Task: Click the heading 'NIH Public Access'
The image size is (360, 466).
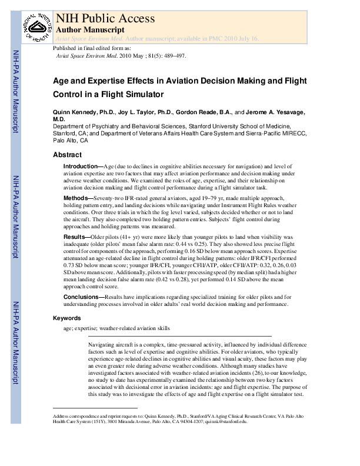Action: pyautogui.click(x=105, y=18)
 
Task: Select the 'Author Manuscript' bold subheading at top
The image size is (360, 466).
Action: pyautogui.click(x=89, y=29)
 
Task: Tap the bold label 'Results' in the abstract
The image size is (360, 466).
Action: pyautogui.click(x=76, y=235)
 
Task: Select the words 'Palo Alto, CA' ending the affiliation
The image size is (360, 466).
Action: pyautogui.click(x=71, y=141)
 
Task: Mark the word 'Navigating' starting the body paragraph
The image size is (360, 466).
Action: pyautogui.click(x=102, y=342)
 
